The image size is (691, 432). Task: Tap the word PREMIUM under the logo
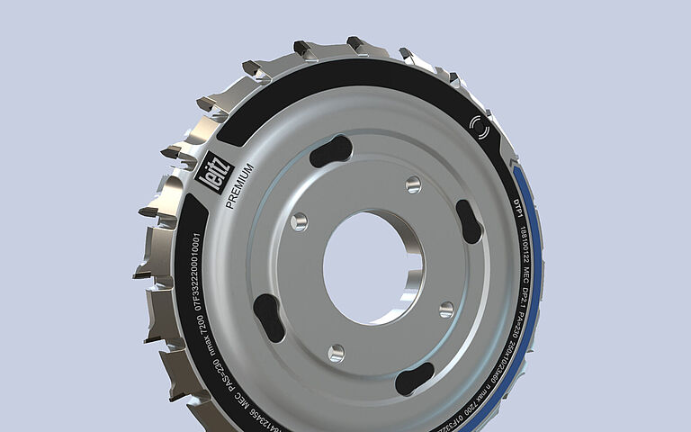[241, 187]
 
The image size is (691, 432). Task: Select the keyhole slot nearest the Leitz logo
[330, 151]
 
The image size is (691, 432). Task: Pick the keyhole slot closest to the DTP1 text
[469, 221]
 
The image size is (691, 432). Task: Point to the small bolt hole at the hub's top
[413, 184]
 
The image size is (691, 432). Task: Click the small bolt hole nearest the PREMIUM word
[300, 220]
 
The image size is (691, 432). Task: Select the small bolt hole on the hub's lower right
[446, 310]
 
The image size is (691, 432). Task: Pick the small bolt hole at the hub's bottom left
[337, 352]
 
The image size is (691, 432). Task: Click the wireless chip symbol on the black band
[481, 127]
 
